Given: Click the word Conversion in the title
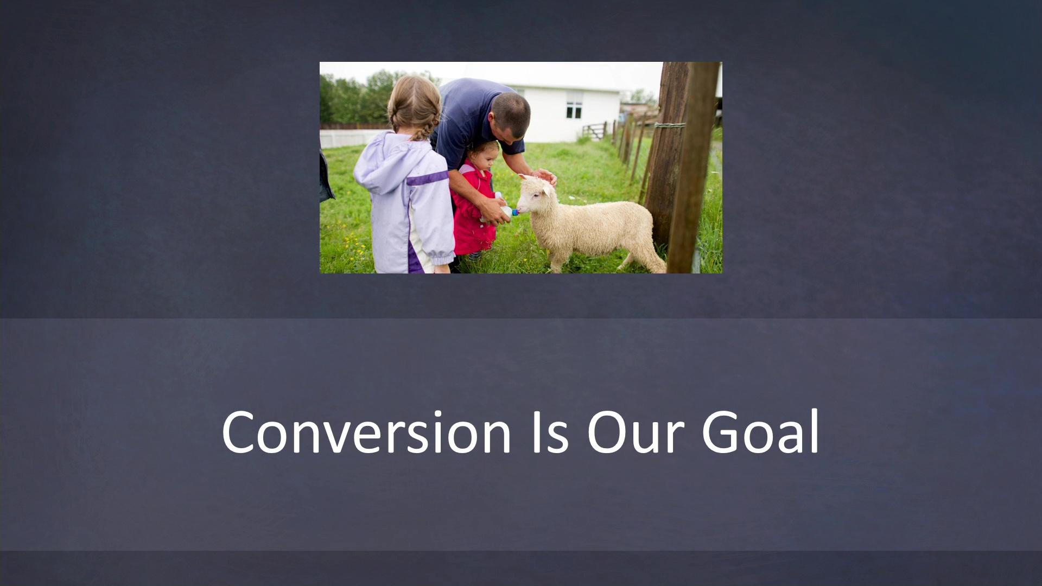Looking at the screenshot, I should click(x=366, y=432).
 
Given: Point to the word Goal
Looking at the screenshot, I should click(x=760, y=432).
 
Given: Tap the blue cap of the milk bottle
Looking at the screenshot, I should click(x=514, y=212).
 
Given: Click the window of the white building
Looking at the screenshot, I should click(x=574, y=105).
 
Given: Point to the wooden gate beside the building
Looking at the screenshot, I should click(x=594, y=131).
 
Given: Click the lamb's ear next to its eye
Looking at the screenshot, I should click(x=547, y=190).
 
